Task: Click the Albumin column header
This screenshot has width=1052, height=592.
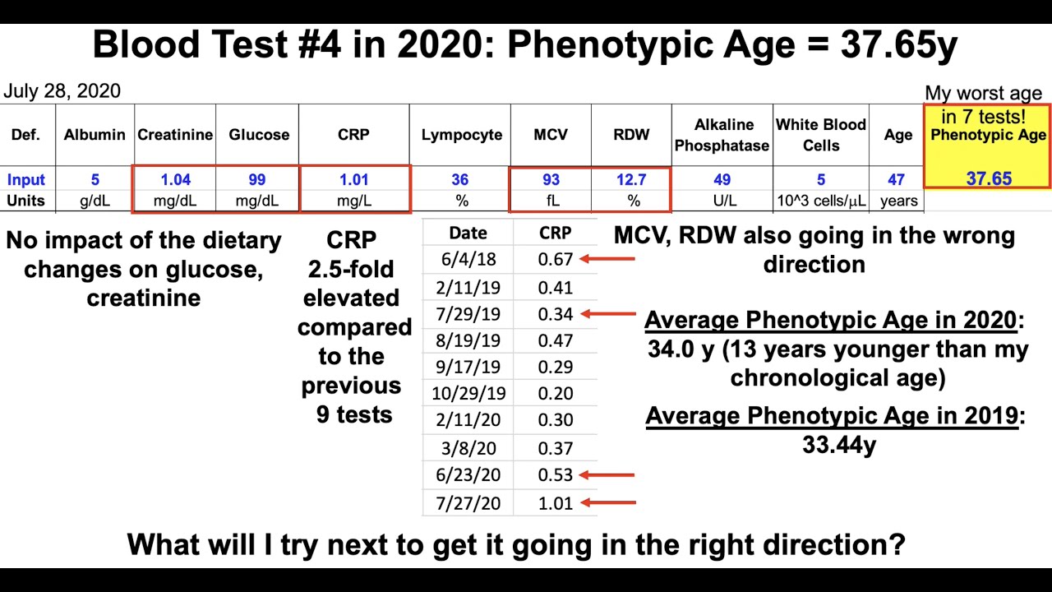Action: pos(95,135)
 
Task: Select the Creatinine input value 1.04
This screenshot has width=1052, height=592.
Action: pos(175,179)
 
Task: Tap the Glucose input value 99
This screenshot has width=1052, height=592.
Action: pos(258,179)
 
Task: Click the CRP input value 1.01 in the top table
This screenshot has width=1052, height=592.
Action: pos(353,179)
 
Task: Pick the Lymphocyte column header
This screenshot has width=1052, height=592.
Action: pos(461,135)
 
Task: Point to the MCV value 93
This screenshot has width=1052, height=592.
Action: pos(551,179)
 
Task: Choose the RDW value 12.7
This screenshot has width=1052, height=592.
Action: pos(631,179)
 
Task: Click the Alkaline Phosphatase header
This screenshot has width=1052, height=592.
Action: pos(722,135)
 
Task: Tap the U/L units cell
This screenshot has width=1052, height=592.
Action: pos(722,201)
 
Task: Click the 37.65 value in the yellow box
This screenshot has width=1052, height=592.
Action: pos(989,178)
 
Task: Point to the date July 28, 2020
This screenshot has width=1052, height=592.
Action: pos(62,91)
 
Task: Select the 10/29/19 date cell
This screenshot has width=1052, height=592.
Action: pos(468,393)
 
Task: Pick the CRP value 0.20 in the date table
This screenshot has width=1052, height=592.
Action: pos(556,393)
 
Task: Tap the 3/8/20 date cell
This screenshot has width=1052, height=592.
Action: pos(468,448)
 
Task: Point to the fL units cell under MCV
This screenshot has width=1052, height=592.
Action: pos(551,201)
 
